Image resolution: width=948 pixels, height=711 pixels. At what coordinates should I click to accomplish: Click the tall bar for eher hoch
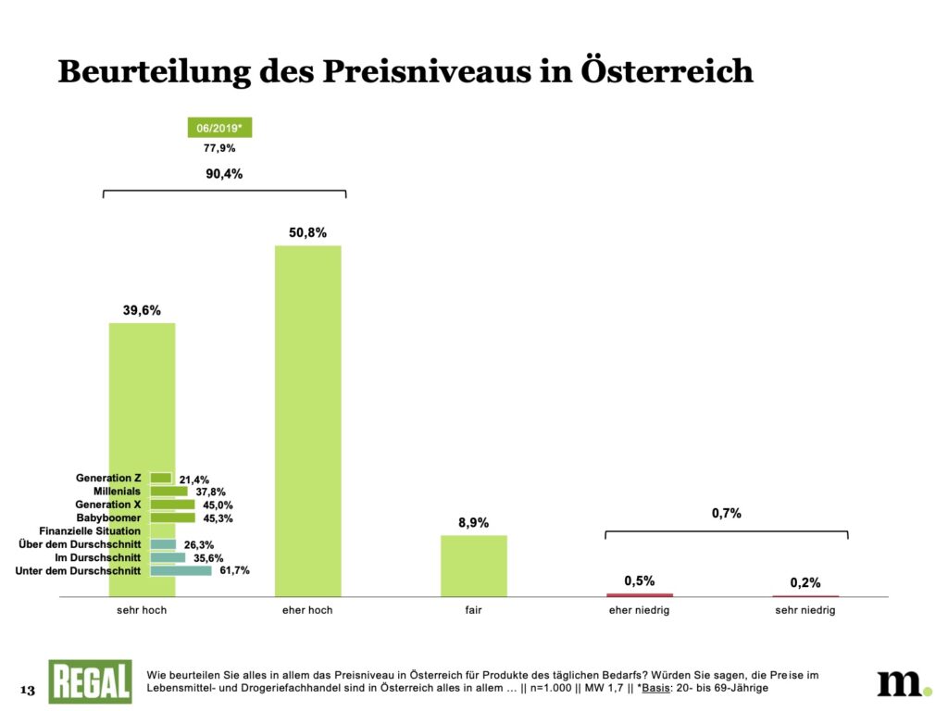[x=307, y=420]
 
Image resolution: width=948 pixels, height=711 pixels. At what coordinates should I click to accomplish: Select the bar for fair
[x=473, y=566]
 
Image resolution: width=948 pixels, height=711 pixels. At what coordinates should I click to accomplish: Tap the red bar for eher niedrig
[x=640, y=594]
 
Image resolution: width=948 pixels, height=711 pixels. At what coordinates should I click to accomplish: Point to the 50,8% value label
[x=307, y=232]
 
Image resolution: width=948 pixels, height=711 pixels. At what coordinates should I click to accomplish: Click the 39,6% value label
[x=142, y=311]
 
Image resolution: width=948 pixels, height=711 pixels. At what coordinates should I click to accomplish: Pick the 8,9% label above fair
[x=473, y=523]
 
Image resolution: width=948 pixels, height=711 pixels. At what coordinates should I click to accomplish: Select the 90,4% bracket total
[x=223, y=174]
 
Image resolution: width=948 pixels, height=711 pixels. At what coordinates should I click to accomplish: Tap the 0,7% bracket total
[x=726, y=513]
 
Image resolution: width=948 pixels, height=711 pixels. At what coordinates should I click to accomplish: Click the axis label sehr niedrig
[x=805, y=611]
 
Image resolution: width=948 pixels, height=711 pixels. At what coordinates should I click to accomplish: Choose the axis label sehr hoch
[x=142, y=611]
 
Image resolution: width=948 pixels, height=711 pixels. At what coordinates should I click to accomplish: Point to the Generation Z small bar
[x=161, y=478]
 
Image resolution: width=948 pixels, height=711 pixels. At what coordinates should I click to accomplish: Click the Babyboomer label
[x=108, y=518]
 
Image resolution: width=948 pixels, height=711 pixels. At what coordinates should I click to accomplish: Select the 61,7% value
[x=234, y=571]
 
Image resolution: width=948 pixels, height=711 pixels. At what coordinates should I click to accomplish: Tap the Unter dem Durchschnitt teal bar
[x=181, y=571]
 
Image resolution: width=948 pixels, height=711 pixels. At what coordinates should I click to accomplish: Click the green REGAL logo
[x=90, y=681]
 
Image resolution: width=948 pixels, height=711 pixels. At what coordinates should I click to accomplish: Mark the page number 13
[x=27, y=691]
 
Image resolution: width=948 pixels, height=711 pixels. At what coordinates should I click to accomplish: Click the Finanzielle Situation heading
[x=90, y=531]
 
